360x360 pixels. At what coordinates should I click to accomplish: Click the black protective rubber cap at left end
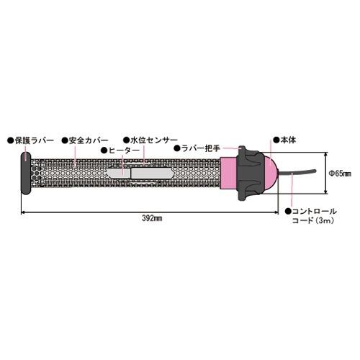pyautogui.click(x=26, y=173)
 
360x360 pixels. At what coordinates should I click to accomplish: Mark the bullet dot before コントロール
pyautogui.click(x=289, y=211)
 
